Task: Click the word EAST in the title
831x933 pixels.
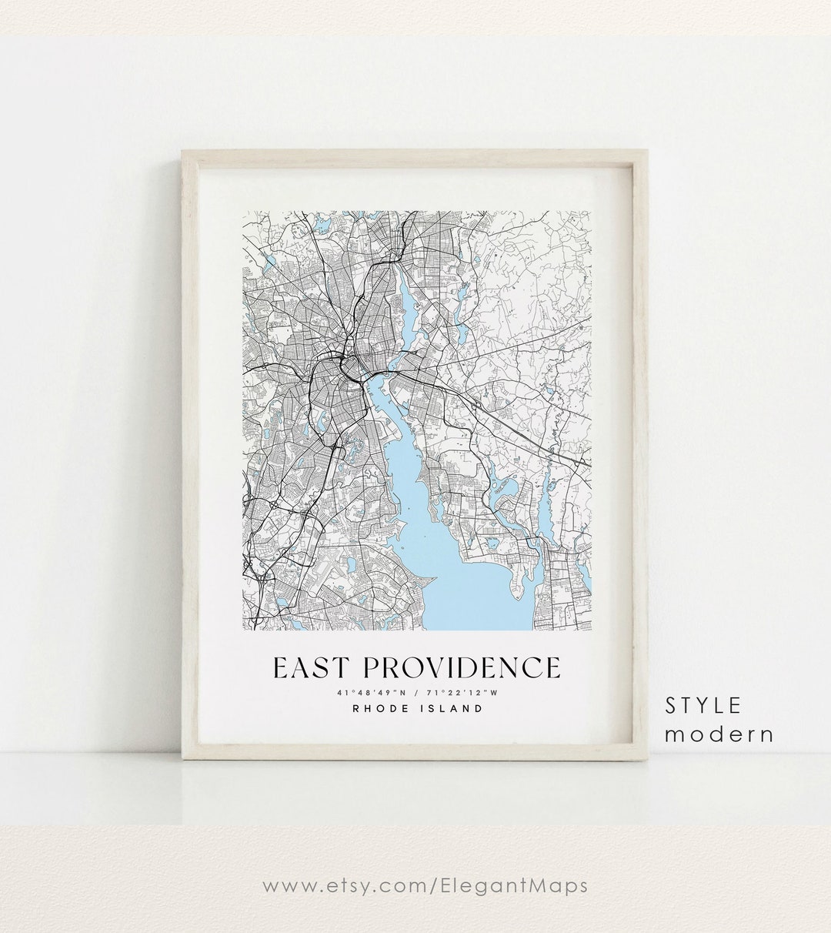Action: [x=311, y=667]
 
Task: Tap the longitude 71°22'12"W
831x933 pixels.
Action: [x=462, y=693]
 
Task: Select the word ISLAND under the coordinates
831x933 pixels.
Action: [x=454, y=708]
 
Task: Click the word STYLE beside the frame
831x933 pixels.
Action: [x=703, y=705]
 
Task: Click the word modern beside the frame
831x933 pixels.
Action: [x=719, y=734]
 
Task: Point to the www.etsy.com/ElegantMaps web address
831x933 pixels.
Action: [x=425, y=885]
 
